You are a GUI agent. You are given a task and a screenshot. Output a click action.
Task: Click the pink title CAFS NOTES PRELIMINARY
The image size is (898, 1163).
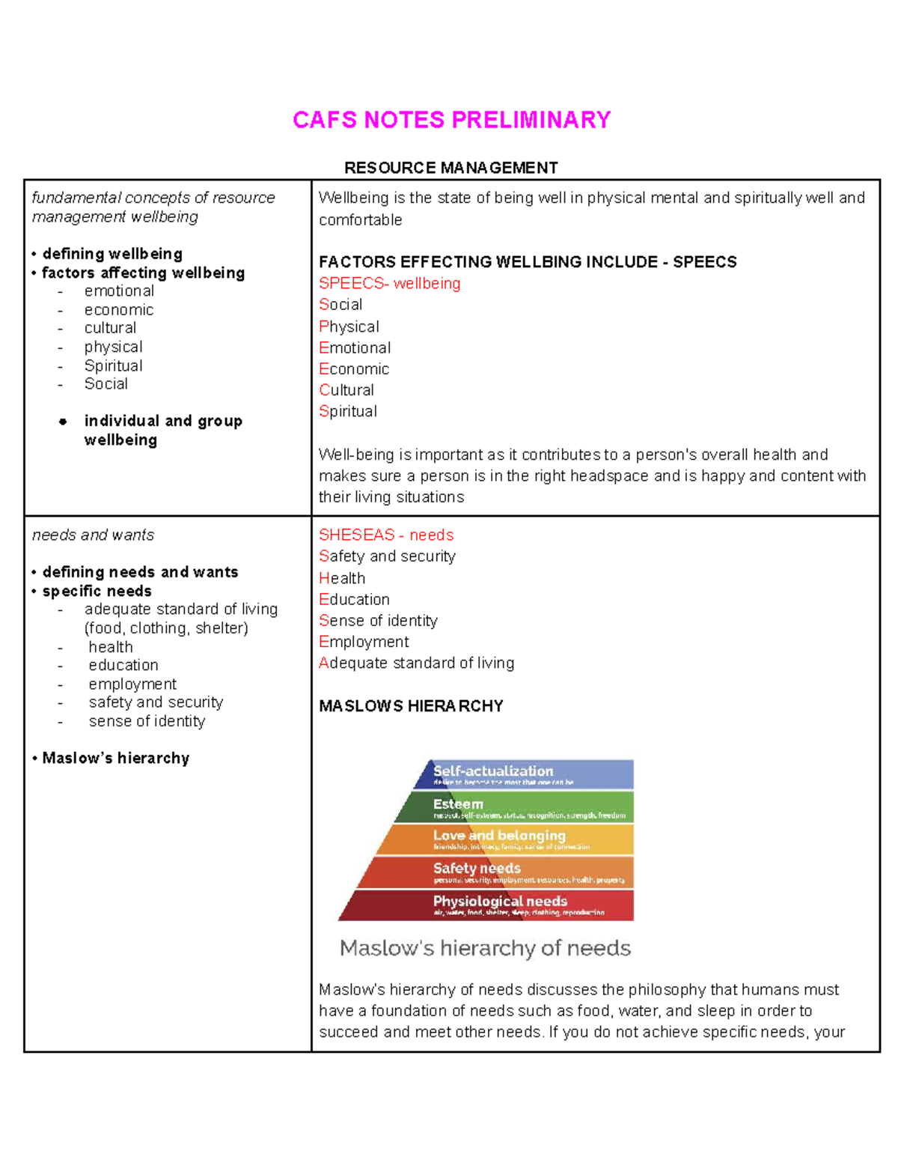pos(451,120)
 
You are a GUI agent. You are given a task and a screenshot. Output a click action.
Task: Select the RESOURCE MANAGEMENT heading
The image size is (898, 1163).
pos(450,168)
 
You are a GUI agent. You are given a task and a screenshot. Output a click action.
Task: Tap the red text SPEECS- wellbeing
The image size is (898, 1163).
pos(389,283)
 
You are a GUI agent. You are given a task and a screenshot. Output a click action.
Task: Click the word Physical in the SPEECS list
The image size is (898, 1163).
pos(349,327)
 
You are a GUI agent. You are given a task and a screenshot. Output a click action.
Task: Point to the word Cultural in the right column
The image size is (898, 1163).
pos(346,390)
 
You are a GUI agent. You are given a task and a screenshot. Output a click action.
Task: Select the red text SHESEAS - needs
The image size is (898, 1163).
pos(386,535)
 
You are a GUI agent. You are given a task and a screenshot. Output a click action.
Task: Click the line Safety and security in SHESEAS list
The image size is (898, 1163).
pos(387,556)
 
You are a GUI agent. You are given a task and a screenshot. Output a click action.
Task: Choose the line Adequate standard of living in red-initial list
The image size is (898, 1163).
pos(416,663)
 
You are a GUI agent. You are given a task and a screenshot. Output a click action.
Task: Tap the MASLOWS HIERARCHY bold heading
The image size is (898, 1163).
pos(411,706)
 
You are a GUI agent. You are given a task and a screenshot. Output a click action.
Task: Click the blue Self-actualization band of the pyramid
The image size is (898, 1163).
pos(524,774)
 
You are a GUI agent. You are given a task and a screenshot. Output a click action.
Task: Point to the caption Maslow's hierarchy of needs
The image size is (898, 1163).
pos(485,948)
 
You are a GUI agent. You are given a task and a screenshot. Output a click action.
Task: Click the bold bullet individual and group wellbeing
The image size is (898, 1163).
pos(162,431)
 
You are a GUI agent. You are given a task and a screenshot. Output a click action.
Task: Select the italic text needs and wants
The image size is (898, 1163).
pos(93,535)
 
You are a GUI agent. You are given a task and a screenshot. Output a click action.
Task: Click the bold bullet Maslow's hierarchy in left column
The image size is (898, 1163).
pos(115,758)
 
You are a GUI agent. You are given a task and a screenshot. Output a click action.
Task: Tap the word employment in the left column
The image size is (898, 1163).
pos(132,684)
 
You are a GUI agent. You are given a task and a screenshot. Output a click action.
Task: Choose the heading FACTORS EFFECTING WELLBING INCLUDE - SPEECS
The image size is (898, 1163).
pos(528,262)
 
